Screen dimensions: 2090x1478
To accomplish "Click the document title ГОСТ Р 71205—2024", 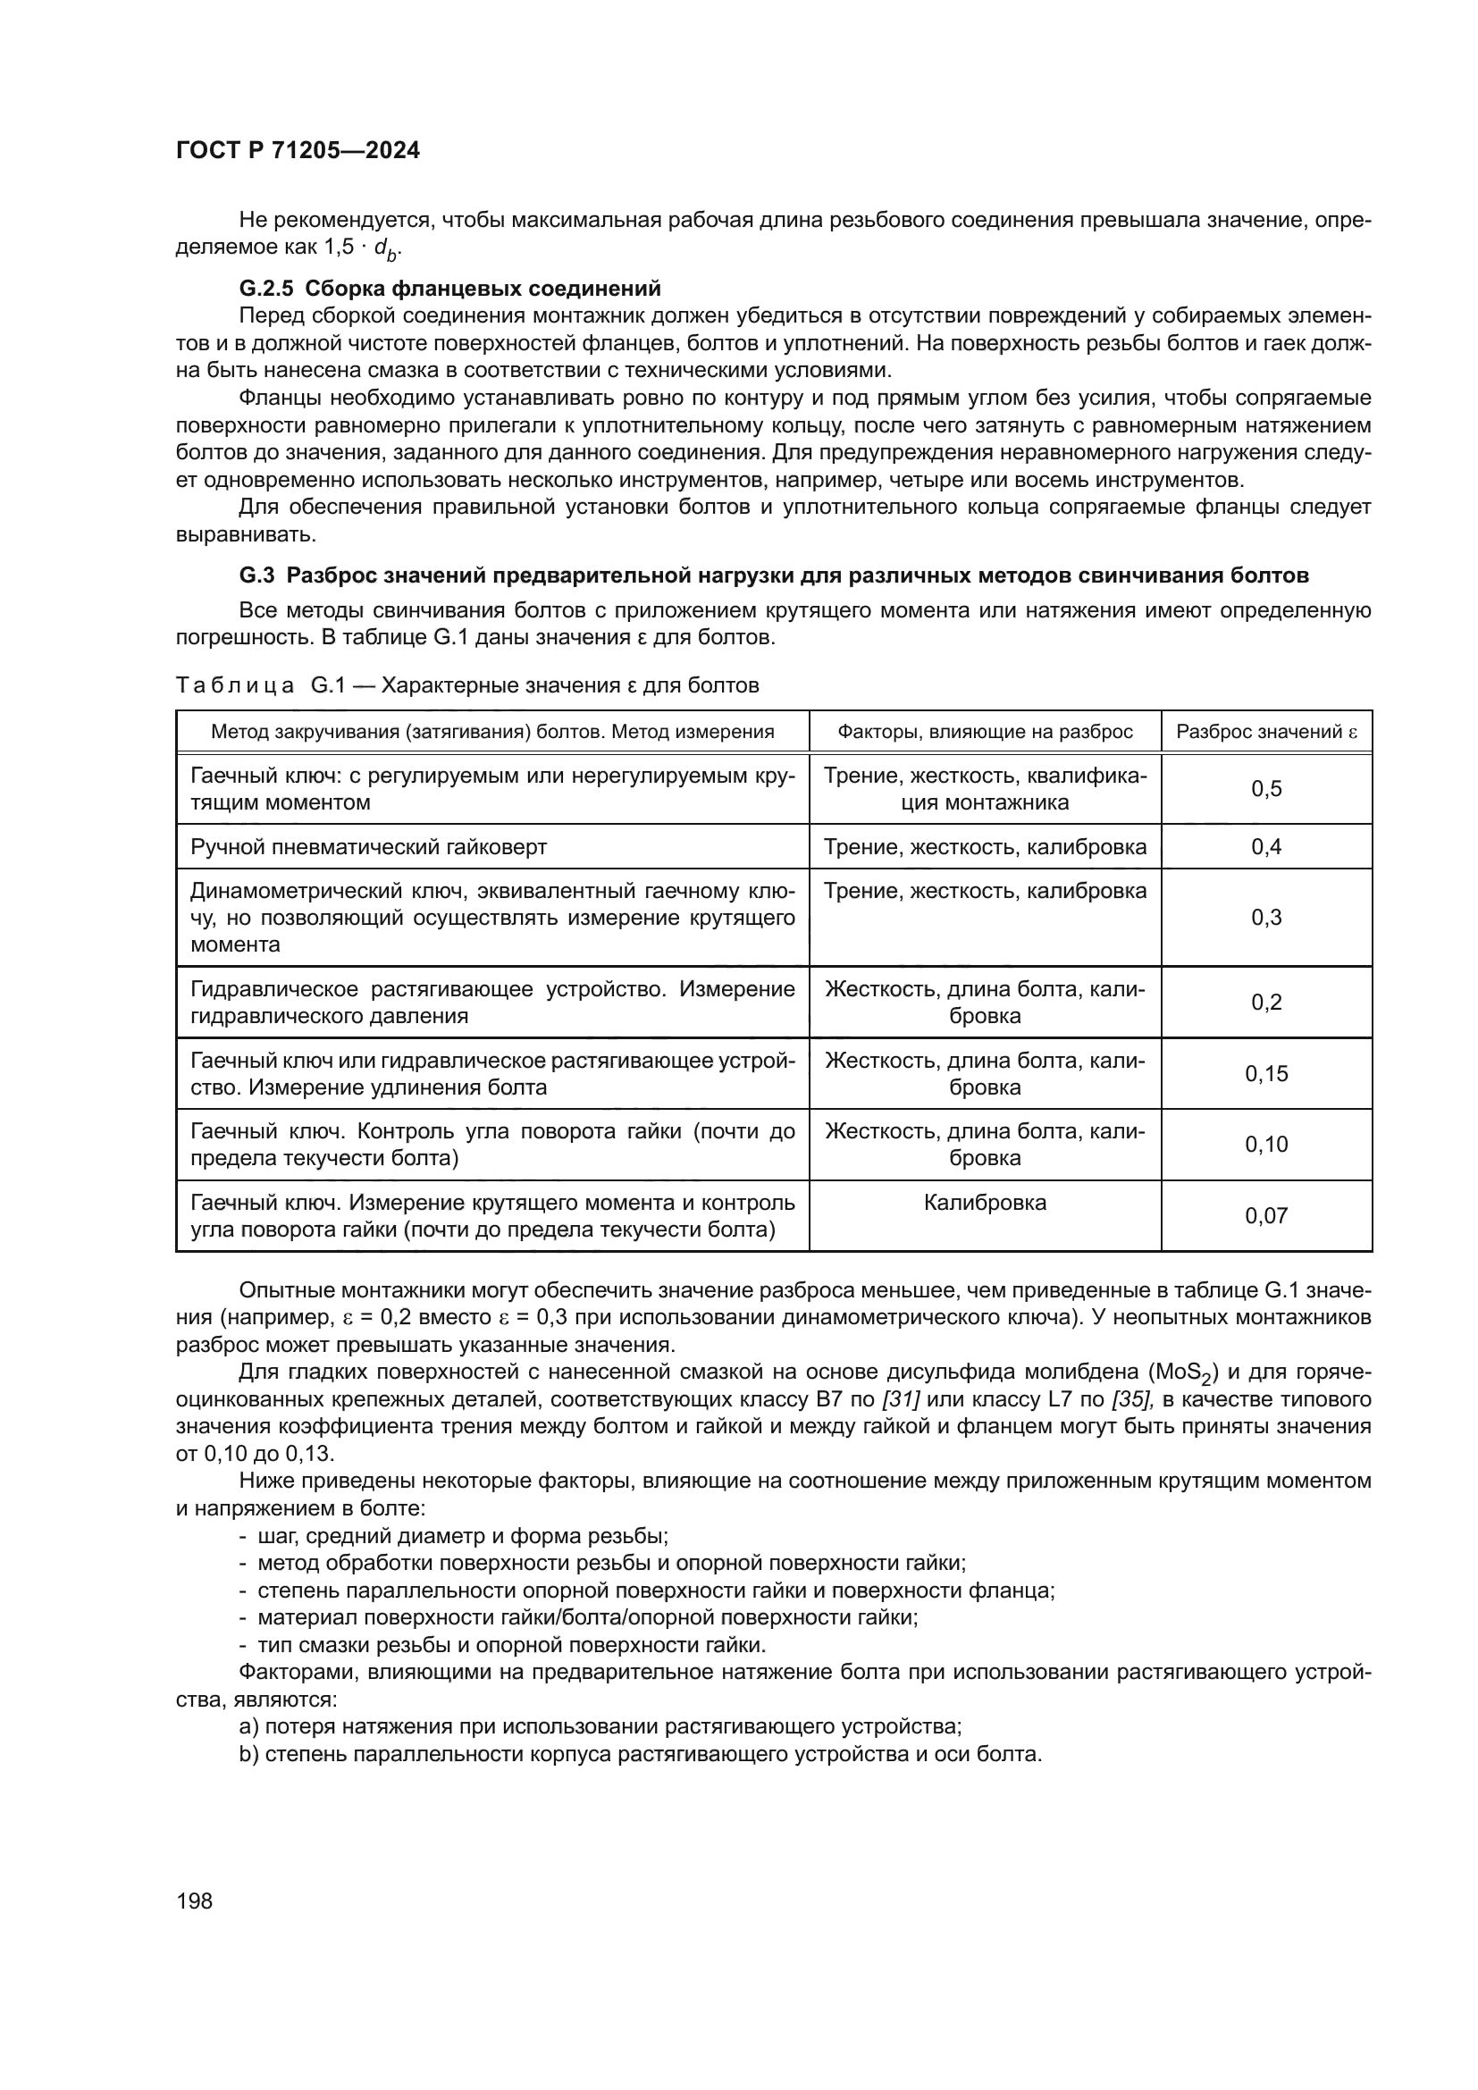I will coord(298,151).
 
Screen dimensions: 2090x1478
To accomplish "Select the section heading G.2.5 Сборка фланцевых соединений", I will coord(449,290).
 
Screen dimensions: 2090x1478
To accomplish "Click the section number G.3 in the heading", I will coord(256,575).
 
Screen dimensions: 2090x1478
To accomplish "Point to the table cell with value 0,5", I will coord(1266,789).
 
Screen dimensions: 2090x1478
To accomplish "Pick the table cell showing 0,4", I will coord(1266,847).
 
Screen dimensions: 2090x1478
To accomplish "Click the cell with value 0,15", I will coord(1266,1074).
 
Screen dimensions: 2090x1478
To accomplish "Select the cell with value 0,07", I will coord(1266,1216).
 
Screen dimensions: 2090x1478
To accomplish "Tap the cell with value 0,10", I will coord(1266,1146).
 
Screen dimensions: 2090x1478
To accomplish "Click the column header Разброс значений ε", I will coord(1266,732).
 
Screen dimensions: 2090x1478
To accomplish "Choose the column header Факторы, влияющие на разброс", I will coord(985,732).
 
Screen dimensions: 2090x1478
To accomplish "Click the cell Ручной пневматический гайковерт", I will coord(368,847).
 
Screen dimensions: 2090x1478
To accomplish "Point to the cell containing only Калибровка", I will coord(985,1204).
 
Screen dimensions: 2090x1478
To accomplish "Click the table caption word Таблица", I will coord(234,685).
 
